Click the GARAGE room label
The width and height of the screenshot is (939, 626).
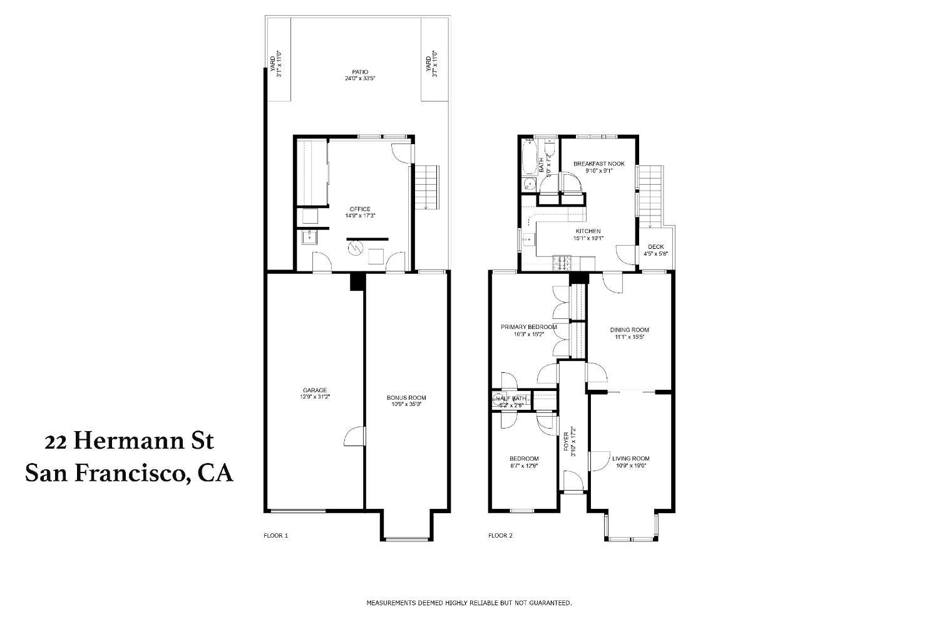[316, 390]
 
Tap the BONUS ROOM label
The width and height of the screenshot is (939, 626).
[406, 397]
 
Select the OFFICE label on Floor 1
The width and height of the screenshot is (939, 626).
[360, 209]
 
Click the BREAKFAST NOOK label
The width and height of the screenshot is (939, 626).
[599, 164]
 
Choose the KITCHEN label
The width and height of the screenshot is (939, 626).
[588, 231]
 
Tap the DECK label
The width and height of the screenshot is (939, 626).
[655, 247]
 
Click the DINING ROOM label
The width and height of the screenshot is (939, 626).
[629, 330]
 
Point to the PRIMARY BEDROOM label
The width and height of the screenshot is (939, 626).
[528, 326]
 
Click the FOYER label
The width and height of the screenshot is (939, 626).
[567, 442]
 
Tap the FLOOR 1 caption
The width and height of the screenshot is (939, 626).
[275, 536]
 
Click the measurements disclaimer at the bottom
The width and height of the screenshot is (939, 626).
[469, 603]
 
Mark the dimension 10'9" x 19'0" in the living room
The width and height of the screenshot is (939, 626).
[630, 465]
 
